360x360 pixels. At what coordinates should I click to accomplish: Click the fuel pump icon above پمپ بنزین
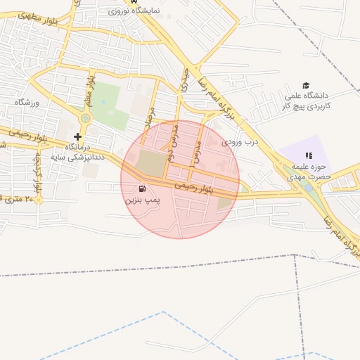tap(143, 188)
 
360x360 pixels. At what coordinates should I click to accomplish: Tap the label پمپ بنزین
tap(143, 200)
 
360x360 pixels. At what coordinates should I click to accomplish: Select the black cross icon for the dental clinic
tap(78, 136)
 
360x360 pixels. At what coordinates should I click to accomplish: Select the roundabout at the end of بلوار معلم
tap(85, 118)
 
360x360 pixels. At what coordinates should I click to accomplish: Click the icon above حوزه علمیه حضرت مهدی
tap(308, 155)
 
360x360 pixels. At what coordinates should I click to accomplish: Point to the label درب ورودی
tap(241, 141)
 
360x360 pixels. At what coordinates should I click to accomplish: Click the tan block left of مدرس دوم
tap(149, 164)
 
